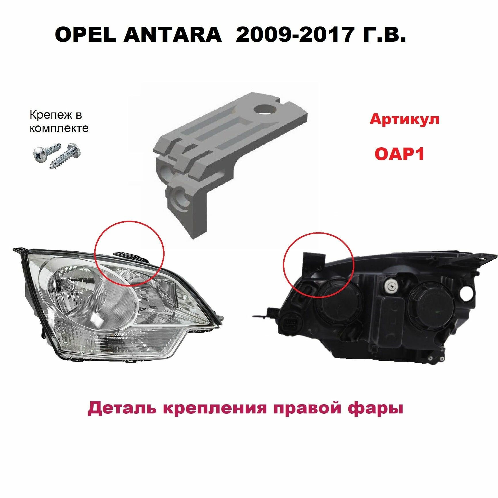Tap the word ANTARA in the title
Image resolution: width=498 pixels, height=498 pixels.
[x=172, y=35]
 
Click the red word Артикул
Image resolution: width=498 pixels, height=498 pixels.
[x=404, y=119]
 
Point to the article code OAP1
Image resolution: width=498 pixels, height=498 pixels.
[x=399, y=154]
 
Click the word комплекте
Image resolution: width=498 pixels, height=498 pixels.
[x=59, y=128]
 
